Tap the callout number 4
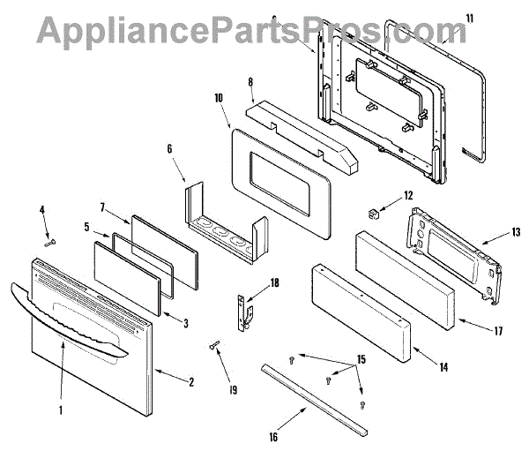click(x=41, y=209)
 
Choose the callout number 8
click(x=250, y=82)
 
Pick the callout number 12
click(x=408, y=195)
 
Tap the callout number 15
click(x=335, y=359)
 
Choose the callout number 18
click(x=274, y=282)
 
